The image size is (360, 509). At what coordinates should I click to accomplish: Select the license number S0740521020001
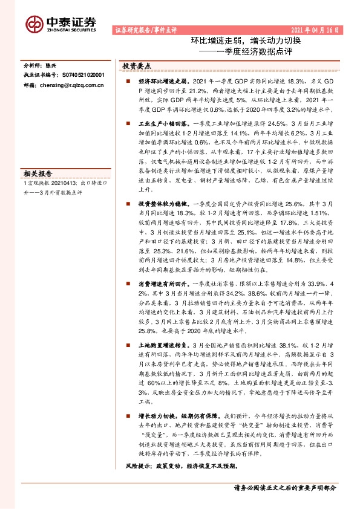click(x=80, y=75)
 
